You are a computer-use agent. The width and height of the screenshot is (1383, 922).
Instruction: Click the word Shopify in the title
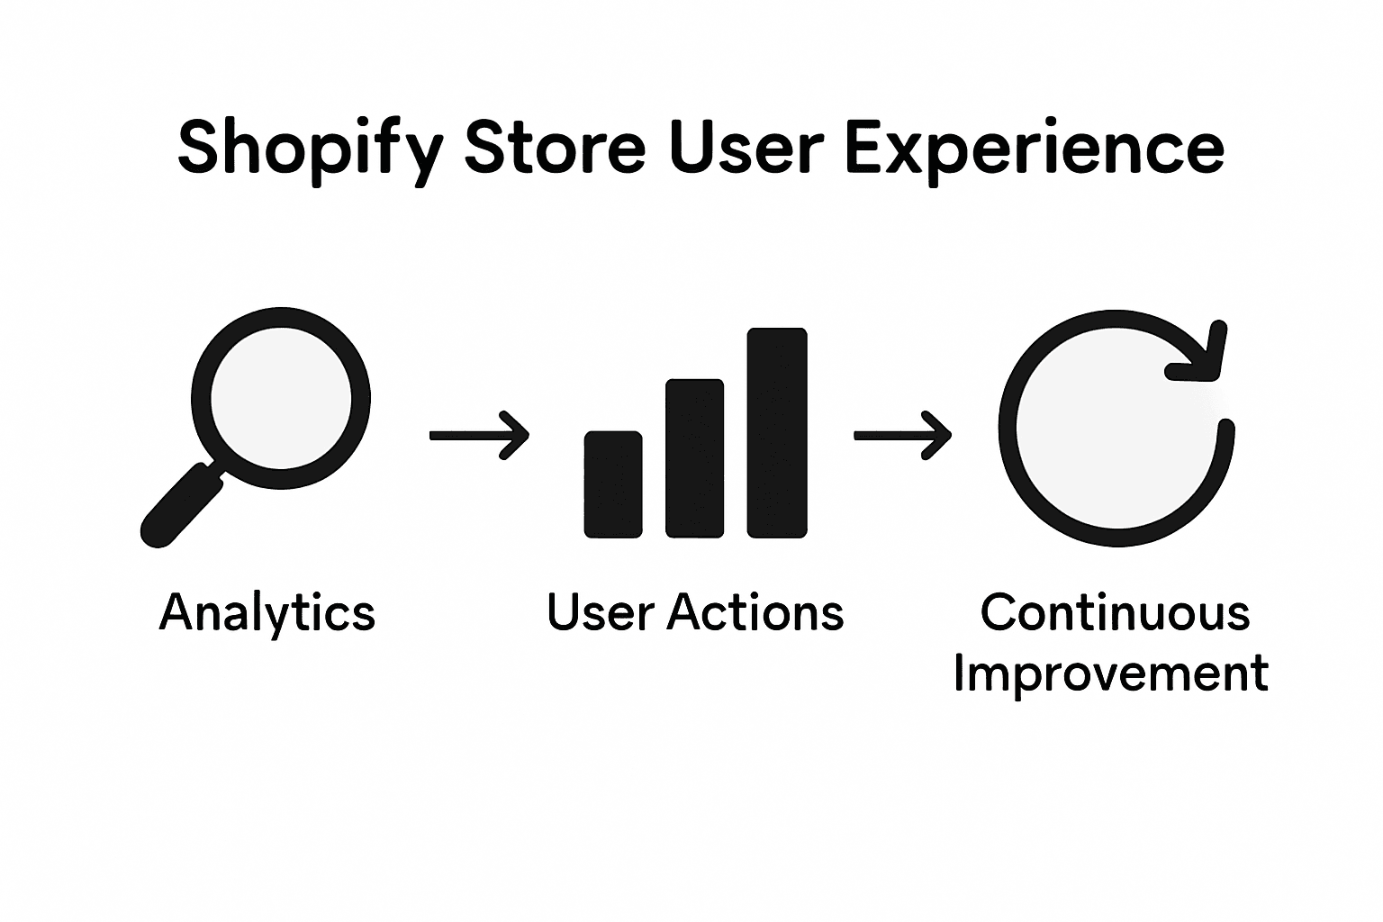308,149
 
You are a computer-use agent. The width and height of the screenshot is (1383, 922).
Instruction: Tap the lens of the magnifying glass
280,396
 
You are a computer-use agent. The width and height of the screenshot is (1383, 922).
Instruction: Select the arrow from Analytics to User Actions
478,436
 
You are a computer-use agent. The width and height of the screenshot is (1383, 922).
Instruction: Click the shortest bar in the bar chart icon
613,484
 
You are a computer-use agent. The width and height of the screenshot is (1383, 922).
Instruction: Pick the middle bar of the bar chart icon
694,458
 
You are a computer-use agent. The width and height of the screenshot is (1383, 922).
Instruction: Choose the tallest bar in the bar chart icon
777,433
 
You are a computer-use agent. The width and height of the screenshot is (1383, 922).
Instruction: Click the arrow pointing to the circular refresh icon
901,436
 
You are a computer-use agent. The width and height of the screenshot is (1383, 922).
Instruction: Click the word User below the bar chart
600,612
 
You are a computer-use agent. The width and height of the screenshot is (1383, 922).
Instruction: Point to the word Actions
755,612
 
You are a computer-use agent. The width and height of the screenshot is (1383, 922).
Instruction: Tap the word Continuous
1115,612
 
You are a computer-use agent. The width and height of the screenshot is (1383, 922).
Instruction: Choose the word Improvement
1111,673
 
